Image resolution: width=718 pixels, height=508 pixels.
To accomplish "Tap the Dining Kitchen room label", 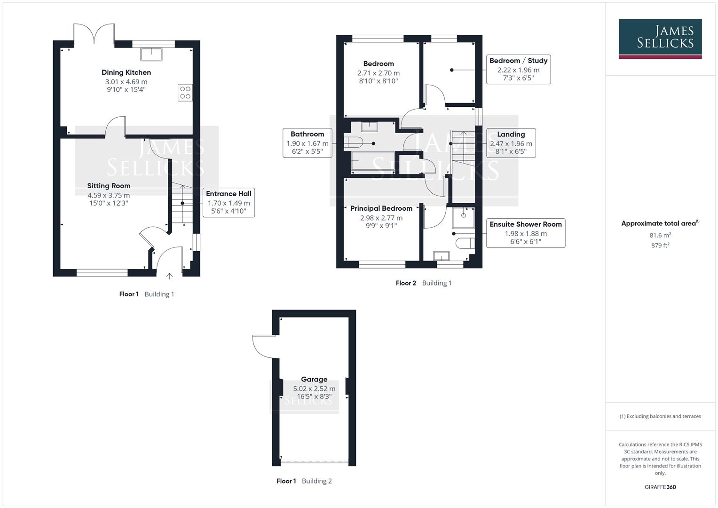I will pyautogui.click(x=126, y=72).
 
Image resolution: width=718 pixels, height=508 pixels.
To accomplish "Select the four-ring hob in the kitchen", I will pyautogui.click(x=185, y=92).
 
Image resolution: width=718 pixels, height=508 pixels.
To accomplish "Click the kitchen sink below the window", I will pyautogui.click(x=151, y=54).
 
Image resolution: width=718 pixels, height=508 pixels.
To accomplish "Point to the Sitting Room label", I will pyautogui.click(x=109, y=186).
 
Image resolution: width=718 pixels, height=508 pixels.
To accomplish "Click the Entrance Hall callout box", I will pyautogui.click(x=229, y=202).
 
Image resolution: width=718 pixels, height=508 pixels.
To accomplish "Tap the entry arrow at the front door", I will pyautogui.click(x=169, y=276).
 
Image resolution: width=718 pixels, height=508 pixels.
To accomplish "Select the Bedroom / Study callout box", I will pyautogui.click(x=518, y=69).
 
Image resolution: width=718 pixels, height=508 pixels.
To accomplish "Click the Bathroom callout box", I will pyautogui.click(x=307, y=143).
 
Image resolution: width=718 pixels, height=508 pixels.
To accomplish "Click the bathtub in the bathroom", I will pyautogui.click(x=373, y=161).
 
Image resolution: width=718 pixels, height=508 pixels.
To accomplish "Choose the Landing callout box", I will pyautogui.click(x=511, y=143).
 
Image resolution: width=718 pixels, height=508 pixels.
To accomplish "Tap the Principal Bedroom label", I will pyautogui.click(x=381, y=208).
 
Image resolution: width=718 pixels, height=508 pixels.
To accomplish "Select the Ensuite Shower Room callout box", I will pyautogui.click(x=525, y=232).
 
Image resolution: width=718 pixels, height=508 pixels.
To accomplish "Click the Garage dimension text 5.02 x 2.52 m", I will pyautogui.click(x=314, y=389).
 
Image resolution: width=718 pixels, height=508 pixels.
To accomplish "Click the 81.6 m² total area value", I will pyautogui.click(x=660, y=235).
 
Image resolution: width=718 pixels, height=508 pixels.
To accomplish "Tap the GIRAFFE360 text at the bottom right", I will pyautogui.click(x=660, y=487).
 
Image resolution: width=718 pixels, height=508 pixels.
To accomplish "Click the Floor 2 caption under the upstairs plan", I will pyautogui.click(x=406, y=283).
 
